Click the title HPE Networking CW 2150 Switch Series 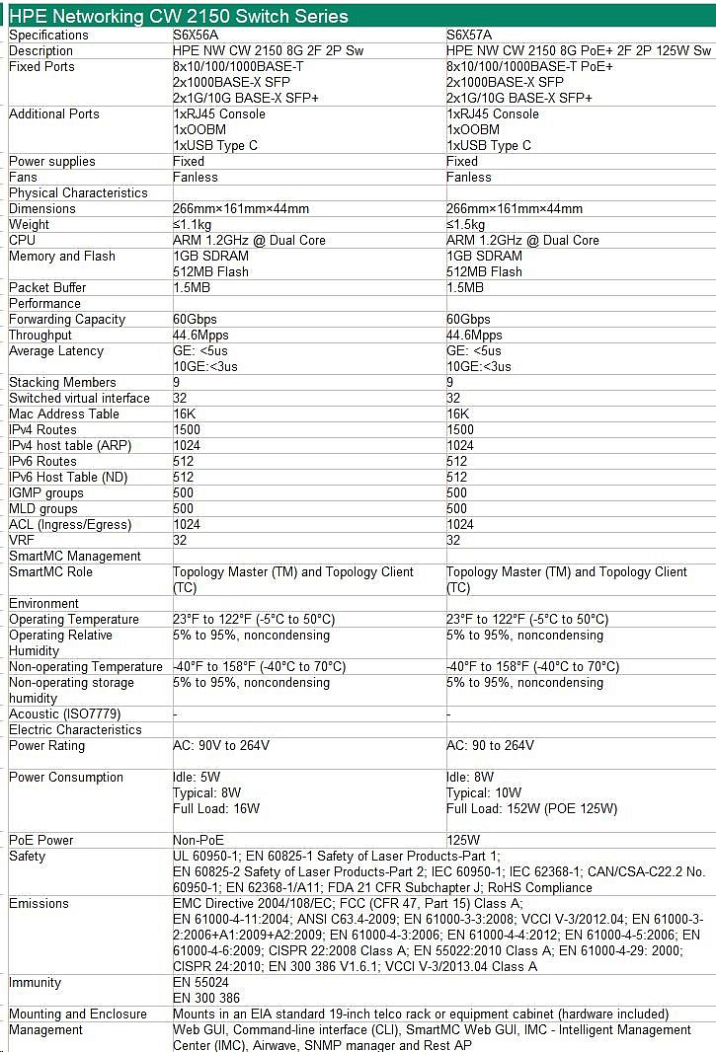tap(179, 16)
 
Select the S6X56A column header tap(198, 35)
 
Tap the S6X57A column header tap(470, 35)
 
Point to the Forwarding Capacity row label tap(67, 319)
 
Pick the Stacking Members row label tap(62, 382)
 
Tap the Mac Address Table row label tap(64, 413)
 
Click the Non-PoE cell tap(196, 840)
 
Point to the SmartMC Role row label tap(50, 571)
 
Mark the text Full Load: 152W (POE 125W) tap(531, 808)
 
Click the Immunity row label tap(35, 982)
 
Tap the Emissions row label tap(39, 903)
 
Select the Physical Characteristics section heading tap(78, 192)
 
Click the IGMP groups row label tap(46, 492)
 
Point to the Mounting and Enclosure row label tap(78, 1014)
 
